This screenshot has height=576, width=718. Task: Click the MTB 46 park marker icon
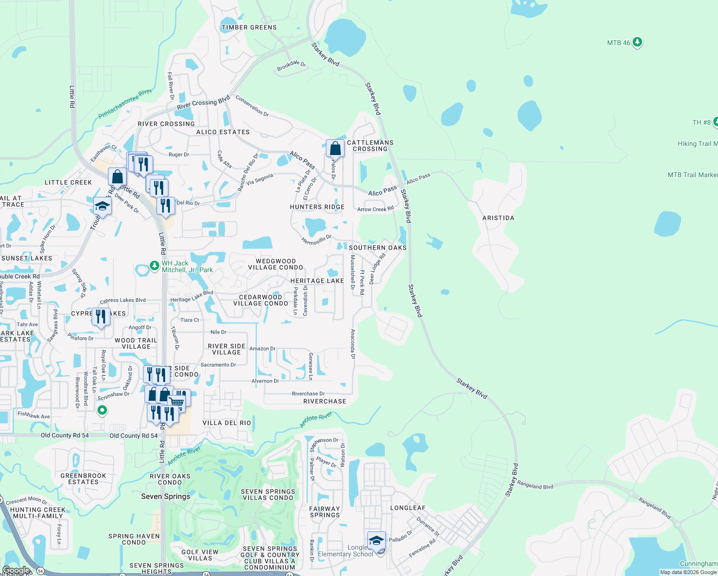[x=637, y=42]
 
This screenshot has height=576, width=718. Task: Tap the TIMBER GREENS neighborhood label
[x=249, y=27]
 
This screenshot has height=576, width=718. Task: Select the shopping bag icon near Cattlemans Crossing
[x=335, y=149]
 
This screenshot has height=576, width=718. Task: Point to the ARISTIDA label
[x=498, y=218]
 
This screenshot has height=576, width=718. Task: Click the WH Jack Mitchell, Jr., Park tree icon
[x=154, y=265]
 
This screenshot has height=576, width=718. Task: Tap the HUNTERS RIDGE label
[x=317, y=207]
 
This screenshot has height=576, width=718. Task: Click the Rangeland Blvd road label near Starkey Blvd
[x=535, y=486]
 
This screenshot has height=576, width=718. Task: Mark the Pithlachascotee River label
[x=125, y=104]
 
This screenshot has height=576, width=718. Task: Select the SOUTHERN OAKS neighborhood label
[x=377, y=248]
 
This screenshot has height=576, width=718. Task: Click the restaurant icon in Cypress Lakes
[x=101, y=317]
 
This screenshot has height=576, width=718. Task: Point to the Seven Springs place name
[x=166, y=496]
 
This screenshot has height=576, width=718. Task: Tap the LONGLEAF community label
[x=407, y=508]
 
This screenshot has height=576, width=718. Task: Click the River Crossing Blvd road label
[x=203, y=103]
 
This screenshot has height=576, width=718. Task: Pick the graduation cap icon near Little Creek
[x=102, y=206]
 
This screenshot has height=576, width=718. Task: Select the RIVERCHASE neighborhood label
[x=324, y=401]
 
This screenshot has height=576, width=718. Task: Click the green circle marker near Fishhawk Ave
[x=102, y=410]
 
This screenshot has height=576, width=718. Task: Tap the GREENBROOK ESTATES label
[x=83, y=479]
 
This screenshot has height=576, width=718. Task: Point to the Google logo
[x=16, y=571]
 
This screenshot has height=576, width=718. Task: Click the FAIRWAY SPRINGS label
[x=324, y=512]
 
